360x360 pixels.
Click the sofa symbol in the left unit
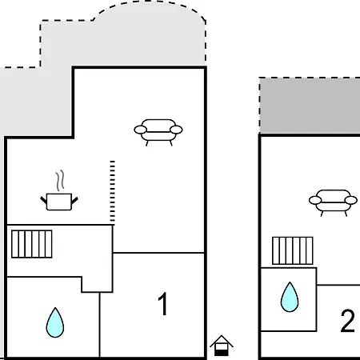[158, 132]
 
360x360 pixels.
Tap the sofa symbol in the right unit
[333, 202]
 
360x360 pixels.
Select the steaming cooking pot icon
[59, 190]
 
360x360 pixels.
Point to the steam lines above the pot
[60, 180]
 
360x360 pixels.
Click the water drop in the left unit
[55, 322]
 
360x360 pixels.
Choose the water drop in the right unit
[290, 297]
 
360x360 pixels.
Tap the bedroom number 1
[162, 304]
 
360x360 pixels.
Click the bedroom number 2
[347, 321]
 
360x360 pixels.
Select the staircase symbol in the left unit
[32, 244]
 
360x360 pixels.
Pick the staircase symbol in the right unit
[293, 250]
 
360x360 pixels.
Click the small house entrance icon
[222, 346]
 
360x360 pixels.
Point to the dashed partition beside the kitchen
[113, 191]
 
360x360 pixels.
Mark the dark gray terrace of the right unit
[310, 106]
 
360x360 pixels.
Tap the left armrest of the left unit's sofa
[140, 130]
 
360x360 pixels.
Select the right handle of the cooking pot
[74, 201]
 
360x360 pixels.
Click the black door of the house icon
[222, 353]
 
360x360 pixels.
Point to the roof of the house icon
[222, 341]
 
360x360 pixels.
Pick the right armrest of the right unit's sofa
[351, 200]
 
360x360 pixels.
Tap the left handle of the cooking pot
[44, 201]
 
